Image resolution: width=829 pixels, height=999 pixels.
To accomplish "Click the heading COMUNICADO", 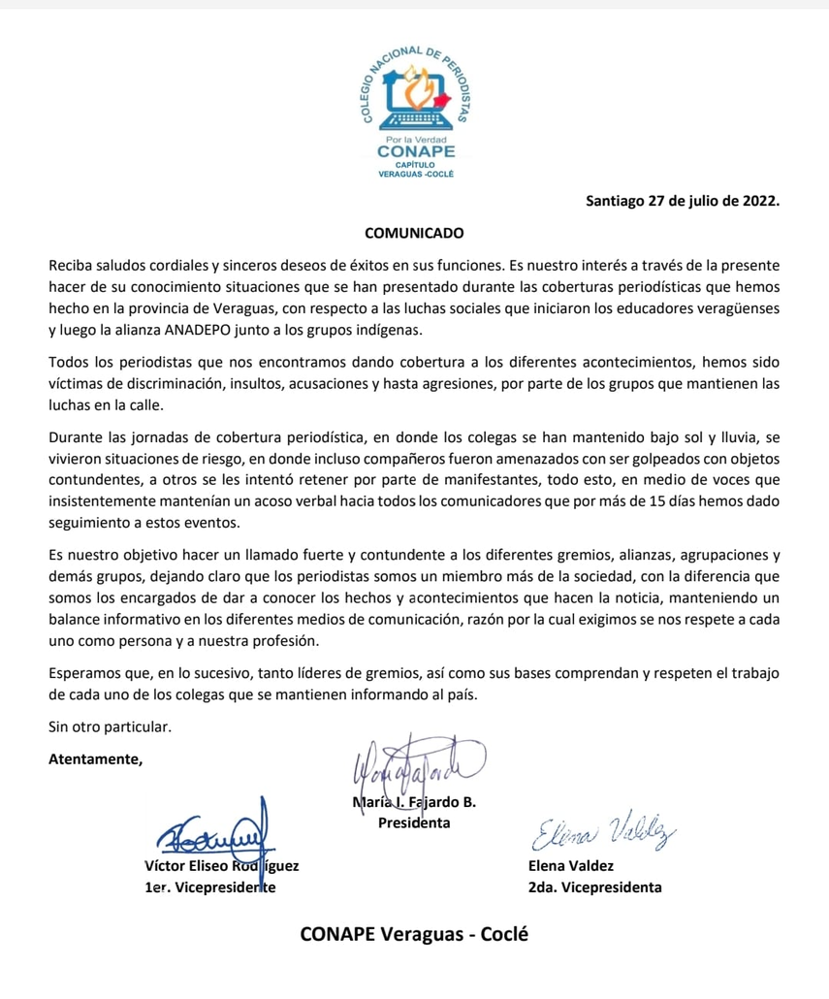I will (x=414, y=233).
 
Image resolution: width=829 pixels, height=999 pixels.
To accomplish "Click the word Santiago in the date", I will (x=620, y=203).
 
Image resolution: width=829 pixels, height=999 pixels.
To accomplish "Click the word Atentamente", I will (x=95, y=758).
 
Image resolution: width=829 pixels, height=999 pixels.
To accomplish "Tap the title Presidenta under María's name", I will (x=414, y=823).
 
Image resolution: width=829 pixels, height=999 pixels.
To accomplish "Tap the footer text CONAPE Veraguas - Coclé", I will (x=416, y=935).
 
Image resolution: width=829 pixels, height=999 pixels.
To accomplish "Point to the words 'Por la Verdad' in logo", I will (x=416, y=139).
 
